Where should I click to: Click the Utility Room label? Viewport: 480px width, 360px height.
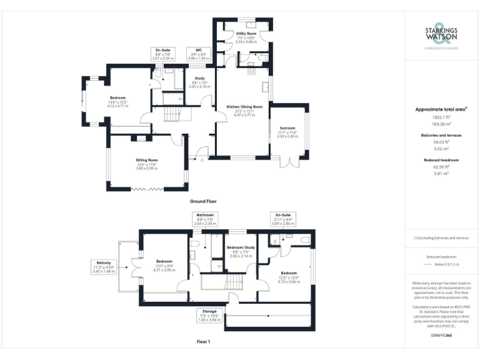246,33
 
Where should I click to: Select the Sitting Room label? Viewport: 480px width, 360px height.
147,160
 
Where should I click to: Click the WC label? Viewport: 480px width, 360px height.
199,49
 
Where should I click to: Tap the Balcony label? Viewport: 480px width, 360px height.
104,262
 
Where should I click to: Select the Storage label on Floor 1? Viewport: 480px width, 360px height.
209,311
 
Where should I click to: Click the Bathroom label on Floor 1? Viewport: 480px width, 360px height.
205,214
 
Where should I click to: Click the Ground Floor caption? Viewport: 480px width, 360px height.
203,202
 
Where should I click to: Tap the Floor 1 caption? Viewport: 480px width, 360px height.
203,342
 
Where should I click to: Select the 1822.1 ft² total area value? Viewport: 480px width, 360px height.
441,117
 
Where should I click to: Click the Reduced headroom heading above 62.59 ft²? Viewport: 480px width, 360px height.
441,160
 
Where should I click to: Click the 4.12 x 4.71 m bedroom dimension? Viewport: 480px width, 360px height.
117,106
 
